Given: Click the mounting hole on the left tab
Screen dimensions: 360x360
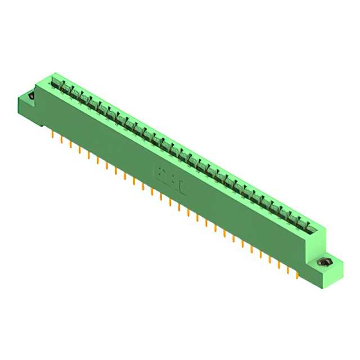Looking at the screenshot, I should pyautogui.click(x=31, y=96).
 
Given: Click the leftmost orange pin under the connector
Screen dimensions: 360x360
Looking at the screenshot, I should pyautogui.click(x=52, y=135).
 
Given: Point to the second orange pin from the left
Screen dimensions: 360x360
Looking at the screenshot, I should pyautogui.click(x=61, y=140).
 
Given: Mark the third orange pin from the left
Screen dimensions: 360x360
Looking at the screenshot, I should pyautogui.click(x=70, y=145).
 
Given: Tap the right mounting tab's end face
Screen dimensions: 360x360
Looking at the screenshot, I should pyautogui.click(x=334, y=276).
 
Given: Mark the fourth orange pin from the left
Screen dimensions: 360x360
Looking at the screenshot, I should pyautogui.click(x=79, y=150).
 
